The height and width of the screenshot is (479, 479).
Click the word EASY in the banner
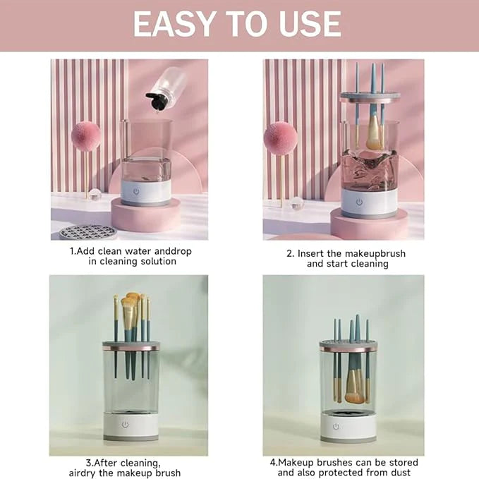coord(174,24)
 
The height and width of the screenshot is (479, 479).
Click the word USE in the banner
coord(310,24)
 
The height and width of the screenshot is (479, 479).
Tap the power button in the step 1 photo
coord(136,192)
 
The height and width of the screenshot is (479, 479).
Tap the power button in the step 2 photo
coord(359,202)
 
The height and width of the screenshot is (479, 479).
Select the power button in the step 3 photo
coord(126,425)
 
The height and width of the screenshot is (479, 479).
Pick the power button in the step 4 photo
coord(336,427)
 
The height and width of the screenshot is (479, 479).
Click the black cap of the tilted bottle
coord(157,101)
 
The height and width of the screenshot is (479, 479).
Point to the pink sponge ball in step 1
coord(86,136)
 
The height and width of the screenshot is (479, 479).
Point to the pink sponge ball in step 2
coord(281,138)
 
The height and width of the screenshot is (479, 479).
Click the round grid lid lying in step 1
coord(88,232)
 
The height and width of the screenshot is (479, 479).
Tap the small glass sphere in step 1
coord(95,195)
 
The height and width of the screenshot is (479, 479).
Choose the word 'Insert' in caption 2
coord(310,253)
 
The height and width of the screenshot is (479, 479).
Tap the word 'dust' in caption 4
coord(399,473)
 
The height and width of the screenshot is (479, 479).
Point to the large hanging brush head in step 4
coord(354,387)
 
